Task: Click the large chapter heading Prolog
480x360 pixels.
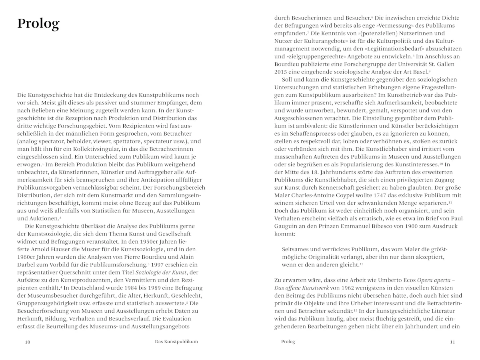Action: tap(38, 24)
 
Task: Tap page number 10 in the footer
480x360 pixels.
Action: tap(27, 342)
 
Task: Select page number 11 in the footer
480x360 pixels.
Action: tap(452, 342)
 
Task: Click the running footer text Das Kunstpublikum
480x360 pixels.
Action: tap(176, 342)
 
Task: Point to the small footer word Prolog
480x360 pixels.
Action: tap(288, 342)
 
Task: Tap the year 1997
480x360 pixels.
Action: tap(159, 265)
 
